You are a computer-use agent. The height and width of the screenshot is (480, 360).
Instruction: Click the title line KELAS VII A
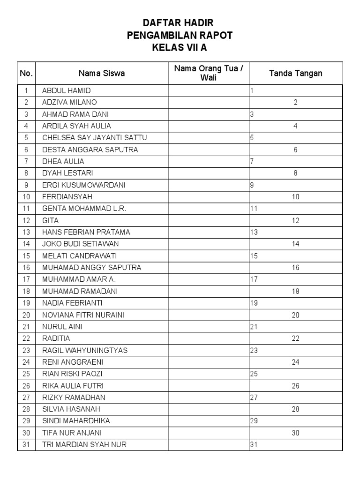[x=180, y=47]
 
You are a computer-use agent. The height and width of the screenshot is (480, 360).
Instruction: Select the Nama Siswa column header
[x=102, y=73]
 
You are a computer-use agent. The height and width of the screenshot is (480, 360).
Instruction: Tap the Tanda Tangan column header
[x=295, y=73]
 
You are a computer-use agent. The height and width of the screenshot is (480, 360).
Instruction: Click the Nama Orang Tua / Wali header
[x=209, y=73]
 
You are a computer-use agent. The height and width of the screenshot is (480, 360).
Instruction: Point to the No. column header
[x=26, y=73]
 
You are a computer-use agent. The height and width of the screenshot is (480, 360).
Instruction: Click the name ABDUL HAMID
[x=66, y=90]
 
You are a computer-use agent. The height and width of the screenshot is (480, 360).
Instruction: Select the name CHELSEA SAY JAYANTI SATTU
[x=91, y=138]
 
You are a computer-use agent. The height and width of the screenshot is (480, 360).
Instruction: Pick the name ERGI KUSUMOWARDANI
[x=83, y=185]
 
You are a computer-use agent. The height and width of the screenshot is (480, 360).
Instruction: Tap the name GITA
[x=51, y=220]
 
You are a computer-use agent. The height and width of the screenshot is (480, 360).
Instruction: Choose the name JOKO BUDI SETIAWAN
[x=80, y=244]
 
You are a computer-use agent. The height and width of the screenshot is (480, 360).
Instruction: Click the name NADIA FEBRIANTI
[x=72, y=303]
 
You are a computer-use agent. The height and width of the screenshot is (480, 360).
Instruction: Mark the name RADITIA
[x=56, y=338]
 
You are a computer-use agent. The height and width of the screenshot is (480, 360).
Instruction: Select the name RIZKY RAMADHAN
[x=74, y=397]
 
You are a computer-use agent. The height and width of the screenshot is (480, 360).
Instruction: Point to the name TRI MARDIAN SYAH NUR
[x=84, y=444]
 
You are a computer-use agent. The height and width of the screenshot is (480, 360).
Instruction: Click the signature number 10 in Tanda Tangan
[x=295, y=197]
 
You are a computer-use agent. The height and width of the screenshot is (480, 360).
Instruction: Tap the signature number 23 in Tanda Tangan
[x=254, y=350]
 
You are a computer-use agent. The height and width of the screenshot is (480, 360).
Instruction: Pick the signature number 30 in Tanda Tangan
[x=295, y=433]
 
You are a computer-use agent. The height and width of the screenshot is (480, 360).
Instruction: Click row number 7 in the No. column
[x=26, y=161]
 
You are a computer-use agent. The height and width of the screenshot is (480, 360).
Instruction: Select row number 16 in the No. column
[x=26, y=268]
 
